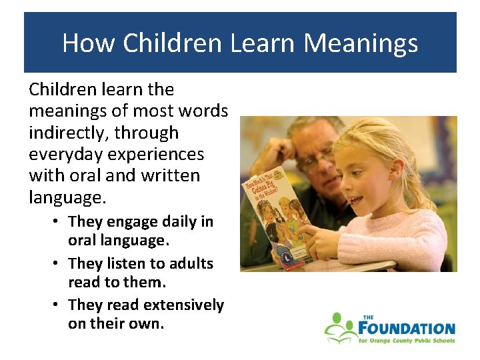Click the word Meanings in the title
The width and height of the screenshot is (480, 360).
(361, 44)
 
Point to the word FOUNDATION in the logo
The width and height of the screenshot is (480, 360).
(406, 328)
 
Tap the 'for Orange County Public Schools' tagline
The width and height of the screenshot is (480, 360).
(406, 341)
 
